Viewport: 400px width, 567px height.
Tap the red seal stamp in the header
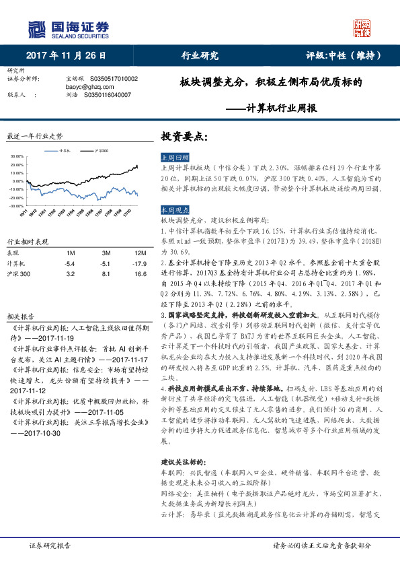(x=362, y=28)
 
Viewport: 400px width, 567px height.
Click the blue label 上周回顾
(x=176, y=156)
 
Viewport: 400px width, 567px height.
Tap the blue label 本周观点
(x=176, y=209)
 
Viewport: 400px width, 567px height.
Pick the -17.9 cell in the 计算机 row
(x=130, y=264)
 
